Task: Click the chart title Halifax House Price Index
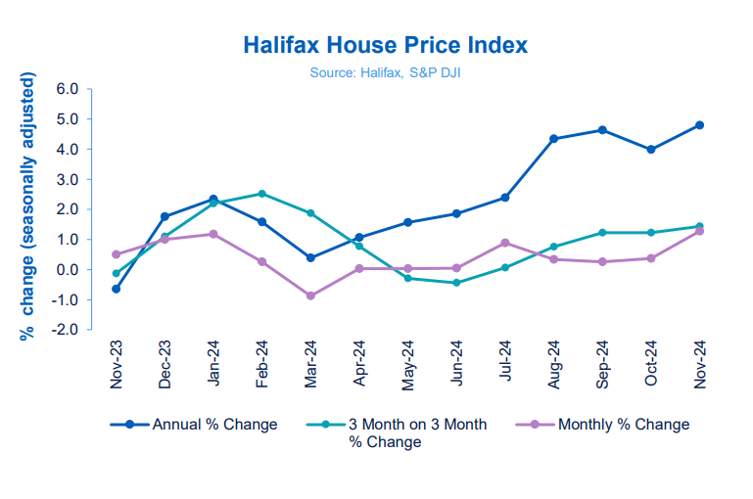coord(384,45)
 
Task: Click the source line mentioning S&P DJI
coord(384,71)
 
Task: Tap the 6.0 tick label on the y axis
coord(67,89)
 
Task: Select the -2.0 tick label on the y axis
coord(65,330)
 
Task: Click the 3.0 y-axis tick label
coord(67,179)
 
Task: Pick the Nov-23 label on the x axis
coord(117,365)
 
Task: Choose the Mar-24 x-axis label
coord(310,365)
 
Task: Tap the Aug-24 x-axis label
coord(553,365)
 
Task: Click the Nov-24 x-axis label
coord(699,365)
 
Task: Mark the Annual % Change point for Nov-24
coord(699,125)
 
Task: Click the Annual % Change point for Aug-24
coord(553,139)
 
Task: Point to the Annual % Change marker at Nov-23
coord(117,289)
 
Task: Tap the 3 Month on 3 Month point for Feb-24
coord(261,194)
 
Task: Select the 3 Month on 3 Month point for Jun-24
coord(456,283)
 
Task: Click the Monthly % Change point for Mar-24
coord(310,295)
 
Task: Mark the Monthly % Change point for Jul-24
coord(505,243)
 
